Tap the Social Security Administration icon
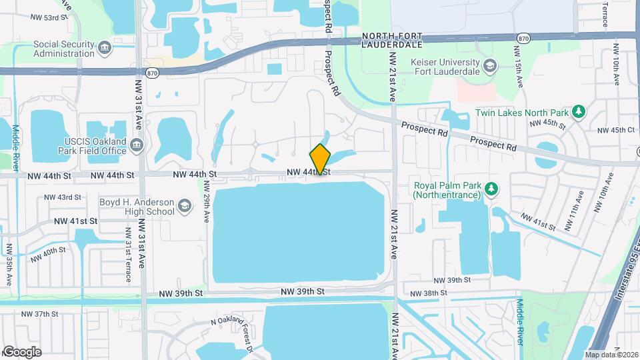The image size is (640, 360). point(104,47)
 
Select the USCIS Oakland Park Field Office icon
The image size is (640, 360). point(137,145)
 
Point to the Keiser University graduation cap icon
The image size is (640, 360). point(490,65)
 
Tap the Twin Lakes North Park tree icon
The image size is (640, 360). point(579,112)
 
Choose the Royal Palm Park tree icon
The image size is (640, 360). point(491,190)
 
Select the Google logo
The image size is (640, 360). point(22,351)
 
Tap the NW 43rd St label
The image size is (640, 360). point(63,197)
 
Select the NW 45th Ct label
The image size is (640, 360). point(617,130)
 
